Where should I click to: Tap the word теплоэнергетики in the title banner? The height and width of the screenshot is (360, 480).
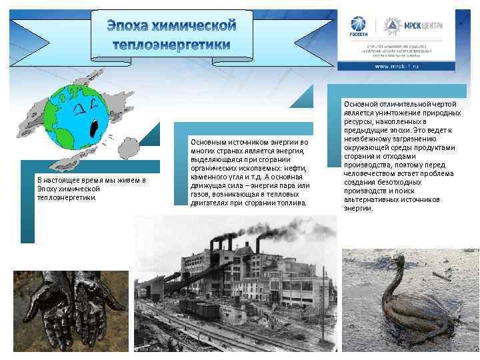click(x=172, y=45)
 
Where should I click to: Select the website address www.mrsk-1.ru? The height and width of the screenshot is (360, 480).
click(x=400, y=67)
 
